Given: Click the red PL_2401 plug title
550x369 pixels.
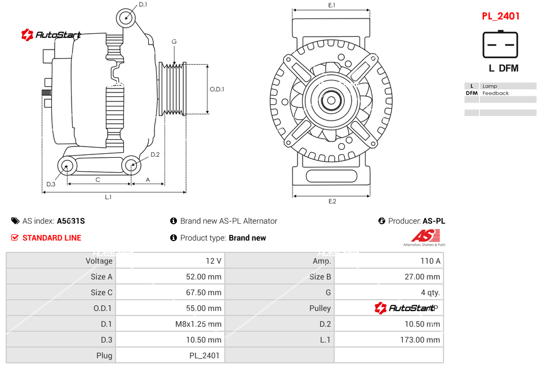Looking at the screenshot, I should (x=500, y=16).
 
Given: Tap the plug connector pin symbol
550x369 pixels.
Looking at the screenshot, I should (x=500, y=45).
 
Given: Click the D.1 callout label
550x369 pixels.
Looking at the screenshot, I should (x=143, y=5).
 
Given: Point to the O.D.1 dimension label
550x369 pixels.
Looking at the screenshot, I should (x=217, y=89).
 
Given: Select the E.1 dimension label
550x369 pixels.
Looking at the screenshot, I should (x=332, y=5).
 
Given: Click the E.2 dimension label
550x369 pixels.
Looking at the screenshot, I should (x=332, y=201).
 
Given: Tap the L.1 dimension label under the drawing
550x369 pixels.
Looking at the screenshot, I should (x=108, y=197).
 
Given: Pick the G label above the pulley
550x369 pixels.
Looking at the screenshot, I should (x=174, y=42).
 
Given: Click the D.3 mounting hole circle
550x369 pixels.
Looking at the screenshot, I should (x=68, y=166).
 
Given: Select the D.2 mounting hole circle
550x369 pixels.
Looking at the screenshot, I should (x=131, y=166).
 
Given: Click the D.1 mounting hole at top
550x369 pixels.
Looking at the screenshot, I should (x=126, y=17).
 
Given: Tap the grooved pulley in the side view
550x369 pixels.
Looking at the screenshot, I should (x=174, y=88).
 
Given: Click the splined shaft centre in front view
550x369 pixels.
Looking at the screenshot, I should (x=331, y=102).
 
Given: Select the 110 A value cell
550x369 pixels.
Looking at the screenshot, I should (x=431, y=261).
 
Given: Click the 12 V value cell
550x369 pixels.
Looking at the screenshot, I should (x=214, y=261).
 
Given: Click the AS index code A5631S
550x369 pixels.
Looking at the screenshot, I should (x=71, y=221).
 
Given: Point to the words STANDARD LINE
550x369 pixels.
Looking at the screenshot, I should (x=52, y=238).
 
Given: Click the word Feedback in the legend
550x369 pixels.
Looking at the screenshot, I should (x=495, y=93).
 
